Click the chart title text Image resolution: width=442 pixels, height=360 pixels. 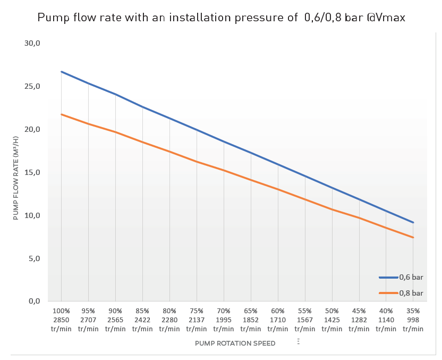click(221, 18)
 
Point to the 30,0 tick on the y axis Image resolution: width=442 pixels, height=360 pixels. click(32, 43)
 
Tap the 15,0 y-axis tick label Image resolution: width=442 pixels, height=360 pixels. click(32, 172)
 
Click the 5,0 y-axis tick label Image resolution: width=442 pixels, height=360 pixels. click(32, 258)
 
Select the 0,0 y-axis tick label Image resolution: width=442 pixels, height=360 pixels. click(32, 302)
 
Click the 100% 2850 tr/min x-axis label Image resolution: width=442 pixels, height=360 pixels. click(61, 320)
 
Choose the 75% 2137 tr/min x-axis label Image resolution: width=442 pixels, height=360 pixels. click(197, 320)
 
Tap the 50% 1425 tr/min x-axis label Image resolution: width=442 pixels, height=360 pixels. click(332, 320)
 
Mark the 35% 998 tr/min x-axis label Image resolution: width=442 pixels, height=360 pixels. click(413, 320)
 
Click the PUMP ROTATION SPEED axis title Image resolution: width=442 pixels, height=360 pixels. click(235, 344)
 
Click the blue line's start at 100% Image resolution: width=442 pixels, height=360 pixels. click(62, 71)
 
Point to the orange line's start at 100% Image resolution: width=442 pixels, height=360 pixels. click(62, 114)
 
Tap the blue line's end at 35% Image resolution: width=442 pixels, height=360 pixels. click(413, 222)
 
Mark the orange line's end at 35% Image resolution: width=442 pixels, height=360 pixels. click(413, 237)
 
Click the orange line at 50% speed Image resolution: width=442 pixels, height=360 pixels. click(332, 209)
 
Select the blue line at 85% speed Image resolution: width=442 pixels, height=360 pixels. click(142, 107)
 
